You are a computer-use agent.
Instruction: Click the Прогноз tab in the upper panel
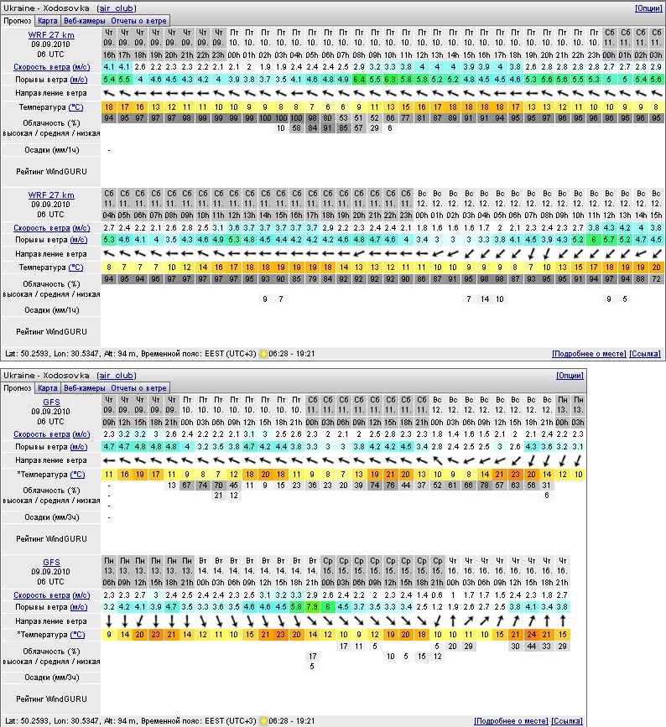18,20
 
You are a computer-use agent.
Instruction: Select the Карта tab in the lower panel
48,388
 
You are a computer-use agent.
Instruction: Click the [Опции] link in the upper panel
648,8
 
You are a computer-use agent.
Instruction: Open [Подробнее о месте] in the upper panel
588,354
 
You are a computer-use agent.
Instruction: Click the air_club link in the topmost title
116,8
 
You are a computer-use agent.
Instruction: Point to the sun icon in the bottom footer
263,721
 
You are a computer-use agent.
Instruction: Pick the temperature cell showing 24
531,635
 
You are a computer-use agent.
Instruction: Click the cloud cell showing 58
296,127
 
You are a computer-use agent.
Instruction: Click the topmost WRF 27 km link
51,35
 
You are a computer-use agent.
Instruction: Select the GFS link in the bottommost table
51,562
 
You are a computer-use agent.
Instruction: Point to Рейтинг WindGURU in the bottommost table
51,697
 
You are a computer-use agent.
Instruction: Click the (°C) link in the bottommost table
76,635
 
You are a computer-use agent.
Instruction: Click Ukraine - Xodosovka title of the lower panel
46,375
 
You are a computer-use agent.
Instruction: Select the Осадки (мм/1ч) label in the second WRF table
51,310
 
